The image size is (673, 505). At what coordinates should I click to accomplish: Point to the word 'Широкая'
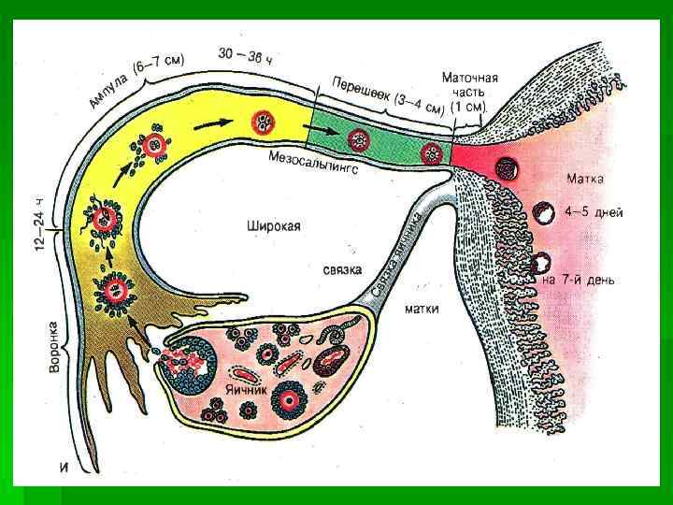click(x=274, y=225)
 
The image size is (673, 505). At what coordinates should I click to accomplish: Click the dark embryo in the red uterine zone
click(x=509, y=169)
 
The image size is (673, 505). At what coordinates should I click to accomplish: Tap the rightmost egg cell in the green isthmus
click(x=431, y=153)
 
